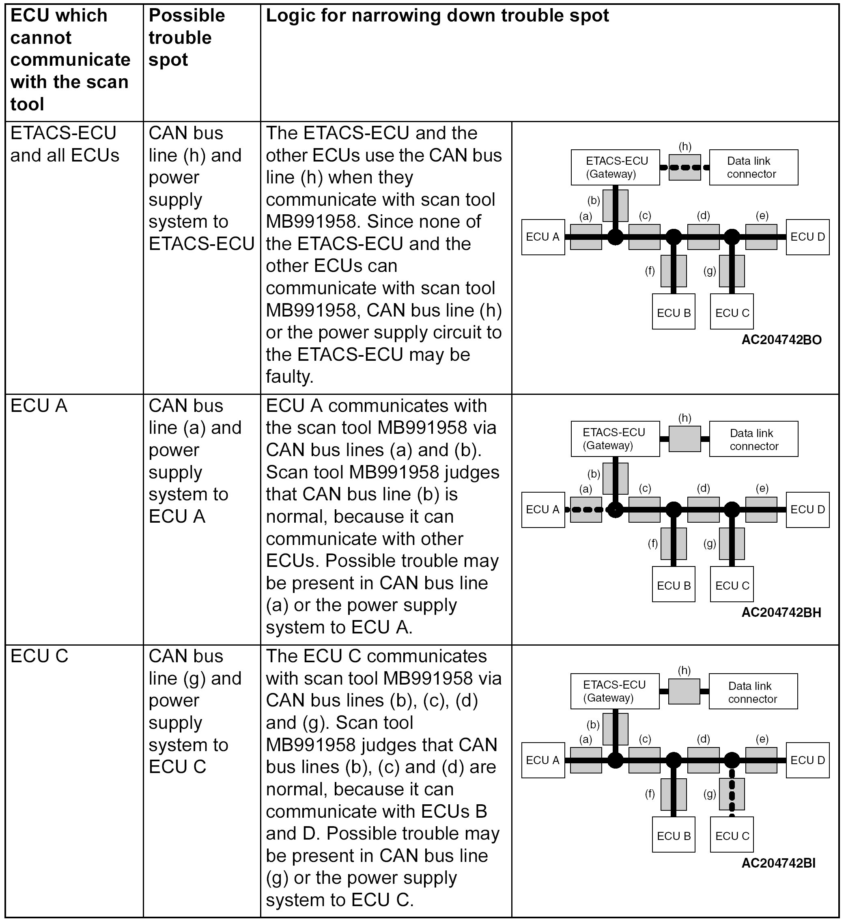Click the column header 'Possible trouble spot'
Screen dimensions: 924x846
[x=187, y=38]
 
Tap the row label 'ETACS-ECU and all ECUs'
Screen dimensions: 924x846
[x=64, y=144]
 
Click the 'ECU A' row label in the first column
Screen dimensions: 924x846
[x=39, y=406]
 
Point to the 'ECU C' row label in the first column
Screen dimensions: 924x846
[x=39, y=656]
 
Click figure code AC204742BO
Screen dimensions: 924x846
[x=781, y=340]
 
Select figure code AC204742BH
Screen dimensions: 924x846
[x=781, y=612]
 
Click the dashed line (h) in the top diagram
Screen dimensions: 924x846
[x=684, y=167]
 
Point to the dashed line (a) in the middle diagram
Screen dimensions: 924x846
[x=586, y=510]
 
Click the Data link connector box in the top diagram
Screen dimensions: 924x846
[x=753, y=167]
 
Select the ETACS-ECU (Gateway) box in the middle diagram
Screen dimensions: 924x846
[x=615, y=439]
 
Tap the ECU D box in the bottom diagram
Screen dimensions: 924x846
[x=807, y=760]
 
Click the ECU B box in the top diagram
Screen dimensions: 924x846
[x=673, y=312]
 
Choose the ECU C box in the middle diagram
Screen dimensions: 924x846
[x=732, y=585]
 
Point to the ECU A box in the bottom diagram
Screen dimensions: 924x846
[x=542, y=760]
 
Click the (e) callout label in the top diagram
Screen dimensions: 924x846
[x=762, y=215]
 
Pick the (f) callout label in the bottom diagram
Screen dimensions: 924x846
[x=650, y=794]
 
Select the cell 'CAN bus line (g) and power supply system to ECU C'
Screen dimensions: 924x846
[x=195, y=711]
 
